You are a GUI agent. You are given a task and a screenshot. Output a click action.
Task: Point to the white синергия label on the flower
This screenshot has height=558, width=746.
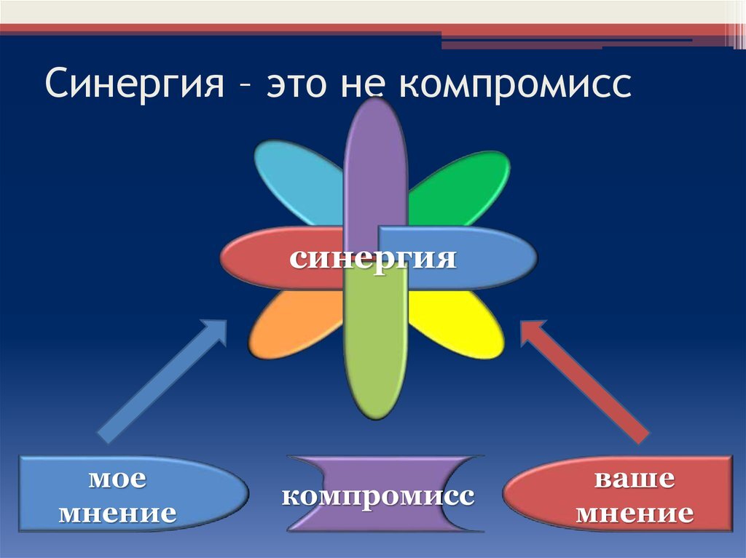(372, 260)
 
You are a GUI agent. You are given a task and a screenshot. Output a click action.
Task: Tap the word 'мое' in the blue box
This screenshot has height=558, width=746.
(117, 479)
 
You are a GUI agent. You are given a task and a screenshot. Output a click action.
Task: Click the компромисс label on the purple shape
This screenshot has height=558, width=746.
(378, 497)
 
